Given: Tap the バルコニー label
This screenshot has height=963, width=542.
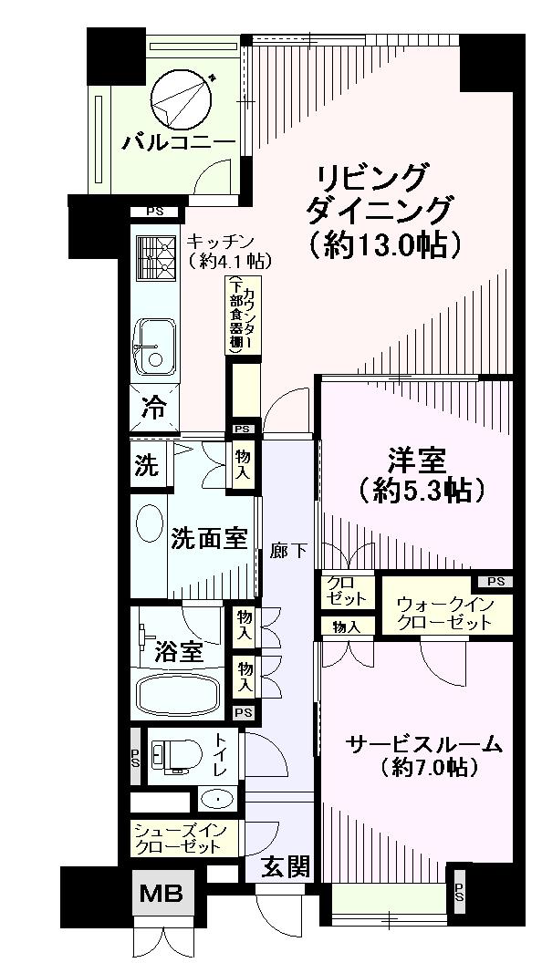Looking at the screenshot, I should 180,142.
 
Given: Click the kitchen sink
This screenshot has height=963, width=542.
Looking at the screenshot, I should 156,345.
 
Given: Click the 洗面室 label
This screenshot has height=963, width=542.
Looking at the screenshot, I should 209,538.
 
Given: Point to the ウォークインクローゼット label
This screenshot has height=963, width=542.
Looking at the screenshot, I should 444,614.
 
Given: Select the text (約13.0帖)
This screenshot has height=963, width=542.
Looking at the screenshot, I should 382,244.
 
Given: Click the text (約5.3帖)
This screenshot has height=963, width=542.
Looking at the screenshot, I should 415,491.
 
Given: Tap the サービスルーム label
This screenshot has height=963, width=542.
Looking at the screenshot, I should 423,744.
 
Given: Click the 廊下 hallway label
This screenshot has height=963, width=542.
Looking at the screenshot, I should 289,551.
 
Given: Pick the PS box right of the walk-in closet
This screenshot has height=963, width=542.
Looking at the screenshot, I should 494,582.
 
